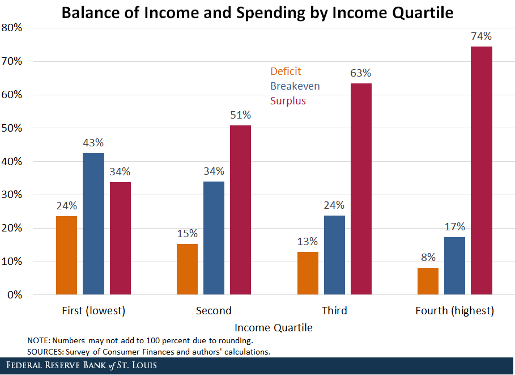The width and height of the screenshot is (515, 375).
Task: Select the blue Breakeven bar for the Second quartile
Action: pos(214,238)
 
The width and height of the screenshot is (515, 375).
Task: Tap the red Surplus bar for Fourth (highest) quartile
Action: pos(481,170)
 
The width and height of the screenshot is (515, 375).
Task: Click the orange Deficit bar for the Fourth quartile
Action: pos(428,281)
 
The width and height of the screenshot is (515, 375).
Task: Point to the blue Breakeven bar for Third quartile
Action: pos(334,255)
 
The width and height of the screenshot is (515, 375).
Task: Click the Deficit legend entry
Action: pos(286,71)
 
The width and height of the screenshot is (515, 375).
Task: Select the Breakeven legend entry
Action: pos(295,86)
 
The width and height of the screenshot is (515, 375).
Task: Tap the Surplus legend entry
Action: pos(288,101)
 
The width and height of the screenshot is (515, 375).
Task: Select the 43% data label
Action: pos(93,144)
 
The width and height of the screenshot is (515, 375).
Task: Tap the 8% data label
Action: pos(428,258)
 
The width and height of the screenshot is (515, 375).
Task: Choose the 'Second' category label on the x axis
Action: pos(214,311)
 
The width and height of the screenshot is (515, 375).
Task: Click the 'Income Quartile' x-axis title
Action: pos(274,328)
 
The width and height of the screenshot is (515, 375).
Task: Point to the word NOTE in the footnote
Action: pos(38,341)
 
